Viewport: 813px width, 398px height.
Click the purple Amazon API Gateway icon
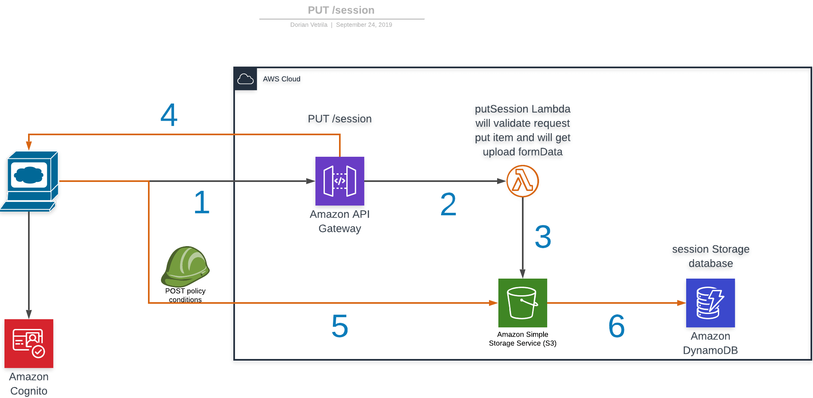pyautogui.click(x=339, y=181)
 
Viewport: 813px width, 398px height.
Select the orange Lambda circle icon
pyautogui.click(x=522, y=181)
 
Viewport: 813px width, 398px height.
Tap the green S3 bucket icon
pyautogui.click(x=522, y=303)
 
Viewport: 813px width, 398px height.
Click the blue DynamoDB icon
pyautogui.click(x=710, y=303)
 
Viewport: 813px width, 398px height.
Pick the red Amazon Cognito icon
pyautogui.click(x=29, y=343)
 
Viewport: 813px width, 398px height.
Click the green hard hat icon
pyautogui.click(x=185, y=266)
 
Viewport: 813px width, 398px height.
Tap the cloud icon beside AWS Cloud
pyautogui.click(x=245, y=79)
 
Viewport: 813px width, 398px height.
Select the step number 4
pyautogui.click(x=169, y=115)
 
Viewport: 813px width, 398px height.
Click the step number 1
pyautogui.click(x=202, y=202)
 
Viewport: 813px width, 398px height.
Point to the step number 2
pyautogui.click(x=448, y=204)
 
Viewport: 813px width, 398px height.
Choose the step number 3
pyautogui.click(x=543, y=237)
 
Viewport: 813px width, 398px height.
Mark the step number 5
pyautogui.click(x=340, y=326)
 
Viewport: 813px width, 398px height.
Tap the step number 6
pyautogui.click(x=616, y=326)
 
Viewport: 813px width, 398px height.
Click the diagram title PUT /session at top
pyautogui.click(x=341, y=10)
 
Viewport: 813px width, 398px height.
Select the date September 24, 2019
pyautogui.click(x=364, y=25)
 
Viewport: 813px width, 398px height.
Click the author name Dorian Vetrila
pyautogui.click(x=309, y=25)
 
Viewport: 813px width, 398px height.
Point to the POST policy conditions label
pyautogui.click(x=185, y=295)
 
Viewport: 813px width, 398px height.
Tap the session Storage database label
pyautogui.click(x=711, y=256)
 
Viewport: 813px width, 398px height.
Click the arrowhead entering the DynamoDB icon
pyautogui.click(x=682, y=303)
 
